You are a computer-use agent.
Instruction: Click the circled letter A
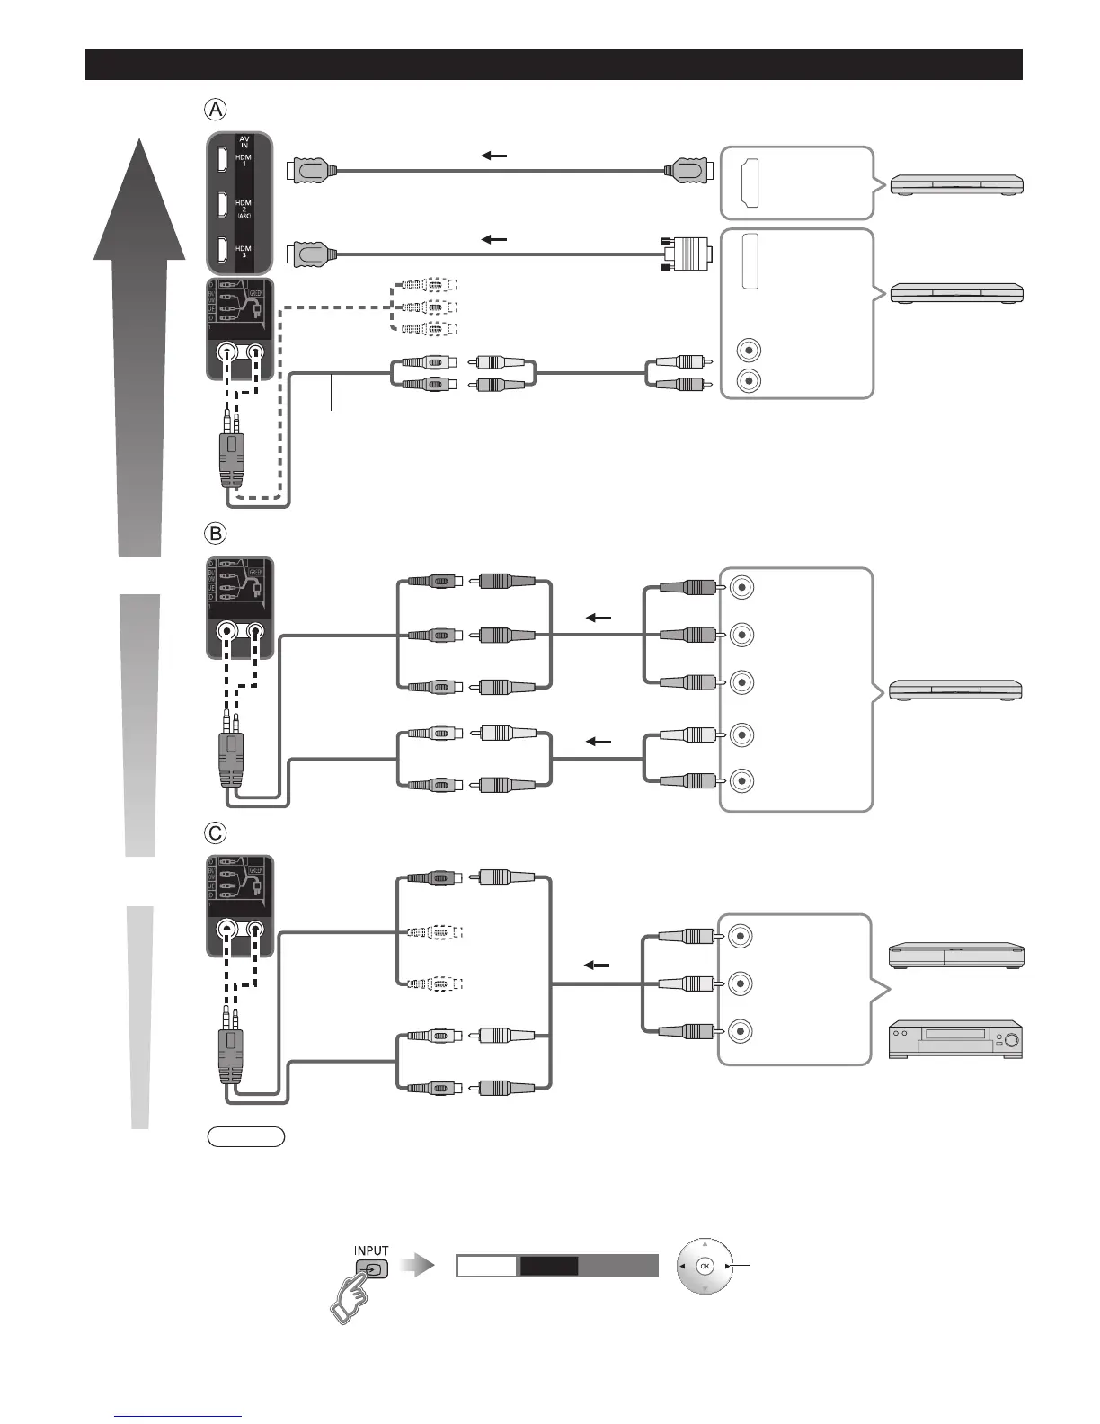point(216,110)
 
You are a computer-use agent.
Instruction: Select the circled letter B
point(216,533)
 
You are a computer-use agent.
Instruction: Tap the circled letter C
point(216,833)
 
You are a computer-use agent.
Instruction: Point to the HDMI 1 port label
point(244,160)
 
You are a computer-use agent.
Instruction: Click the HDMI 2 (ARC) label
point(244,208)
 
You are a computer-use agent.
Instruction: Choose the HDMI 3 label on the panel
point(244,252)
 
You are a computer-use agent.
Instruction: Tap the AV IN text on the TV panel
point(244,141)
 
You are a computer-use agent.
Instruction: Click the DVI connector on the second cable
point(689,254)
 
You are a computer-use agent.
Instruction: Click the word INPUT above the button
point(371,1250)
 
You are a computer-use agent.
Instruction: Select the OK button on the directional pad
point(705,1267)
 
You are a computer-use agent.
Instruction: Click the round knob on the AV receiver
point(1011,1041)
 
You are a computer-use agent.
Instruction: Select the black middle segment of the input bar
point(549,1267)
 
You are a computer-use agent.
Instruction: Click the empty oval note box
point(245,1137)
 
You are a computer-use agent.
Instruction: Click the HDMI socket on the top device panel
point(749,182)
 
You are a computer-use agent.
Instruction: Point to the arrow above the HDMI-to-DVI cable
point(494,240)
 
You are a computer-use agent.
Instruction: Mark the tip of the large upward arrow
point(140,144)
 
